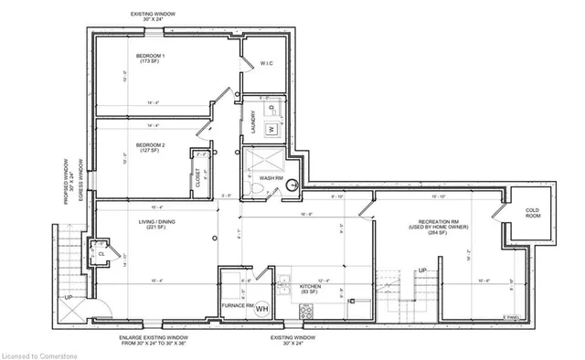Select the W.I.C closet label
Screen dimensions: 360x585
click(x=267, y=63)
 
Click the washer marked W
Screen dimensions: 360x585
click(x=271, y=130)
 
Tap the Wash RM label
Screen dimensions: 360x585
click(x=270, y=177)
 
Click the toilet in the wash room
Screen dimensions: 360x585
click(x=261, y=189)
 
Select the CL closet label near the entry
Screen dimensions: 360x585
click(x=100, y=255)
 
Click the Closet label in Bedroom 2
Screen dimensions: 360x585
click(x=199, y=180)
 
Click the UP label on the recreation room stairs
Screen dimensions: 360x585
click(x=421, y=270)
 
